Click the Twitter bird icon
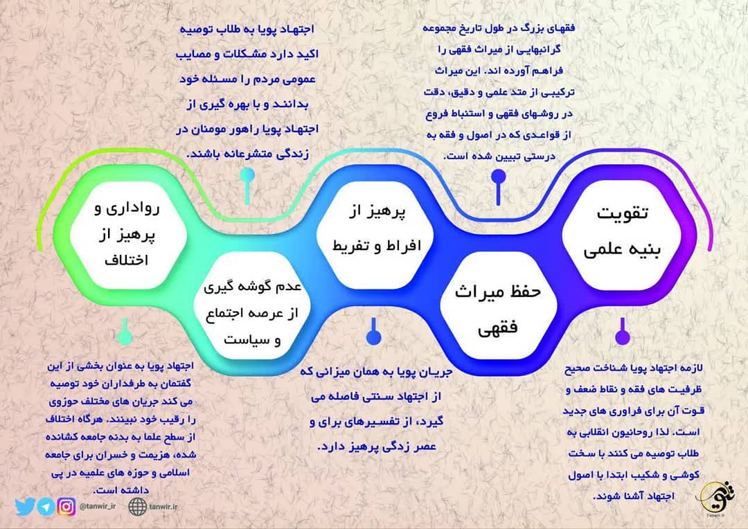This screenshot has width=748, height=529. pos(25,507)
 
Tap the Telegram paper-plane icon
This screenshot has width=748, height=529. pos(46,507)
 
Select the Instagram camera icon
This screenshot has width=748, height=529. pos(66,507)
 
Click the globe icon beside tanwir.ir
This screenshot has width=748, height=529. pos(138,506)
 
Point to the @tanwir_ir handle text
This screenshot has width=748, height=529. pos(96,506)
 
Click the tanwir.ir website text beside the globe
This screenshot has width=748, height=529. pos(166,506)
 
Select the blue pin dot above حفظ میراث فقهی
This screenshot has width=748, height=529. pos(497,177)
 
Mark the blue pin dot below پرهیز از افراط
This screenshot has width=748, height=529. pos(373,337)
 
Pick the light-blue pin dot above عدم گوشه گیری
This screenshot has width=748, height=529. pos(247,177)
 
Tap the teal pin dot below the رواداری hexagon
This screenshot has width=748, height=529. pos(124,337)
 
